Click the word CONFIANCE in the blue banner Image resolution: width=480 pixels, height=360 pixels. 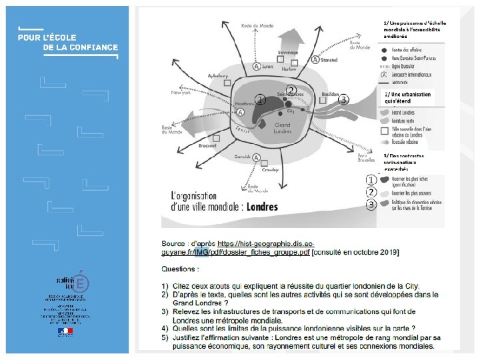pos(91,47)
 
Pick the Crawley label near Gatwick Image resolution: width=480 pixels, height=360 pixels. pos(270,170)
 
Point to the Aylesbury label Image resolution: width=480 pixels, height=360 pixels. pos(219,76)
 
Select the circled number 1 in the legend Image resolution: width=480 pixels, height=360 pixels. pos(370,179)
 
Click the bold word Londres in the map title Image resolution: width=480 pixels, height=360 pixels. pos(262,207)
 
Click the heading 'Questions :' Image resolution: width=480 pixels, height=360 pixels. pos(180,269)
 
